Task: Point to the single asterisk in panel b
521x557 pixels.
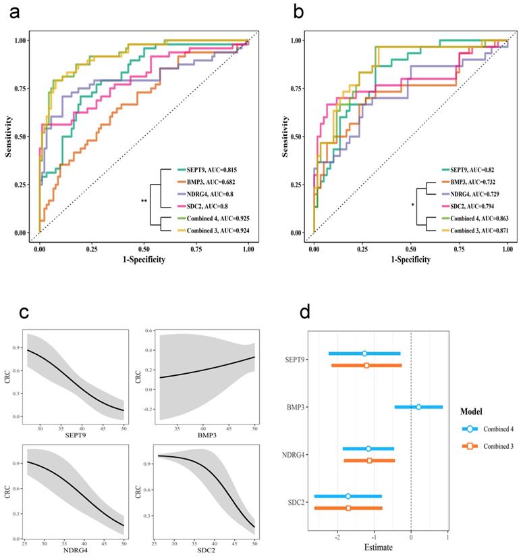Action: point(412,205)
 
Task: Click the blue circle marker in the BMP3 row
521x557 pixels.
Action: point(418,407)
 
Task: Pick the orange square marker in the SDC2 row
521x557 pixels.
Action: point(348,508)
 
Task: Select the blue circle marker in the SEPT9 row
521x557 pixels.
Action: point(364,354)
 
